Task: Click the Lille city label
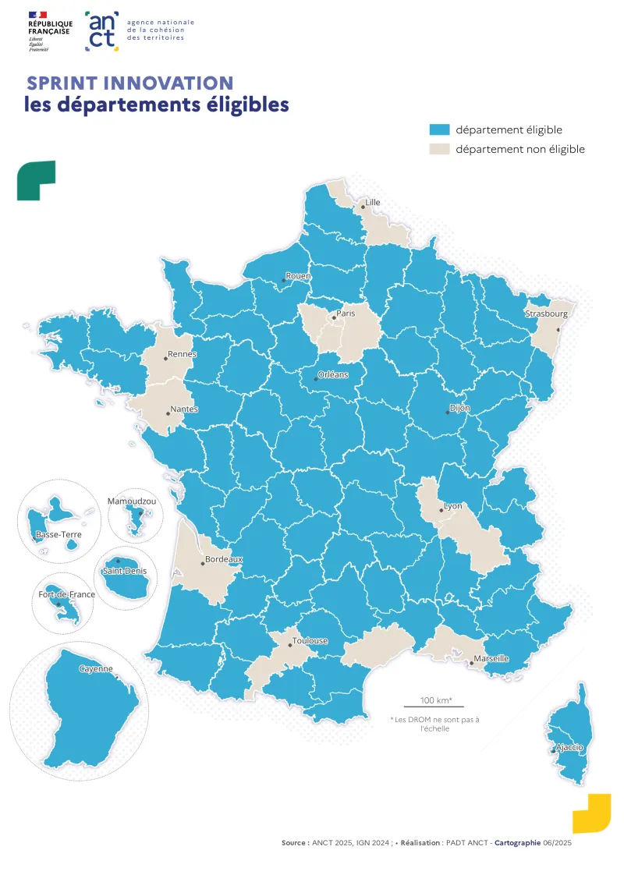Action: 373,202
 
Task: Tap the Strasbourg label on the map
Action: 547,313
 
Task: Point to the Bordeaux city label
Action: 224,559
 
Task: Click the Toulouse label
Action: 310,641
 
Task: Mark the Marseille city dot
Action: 471,663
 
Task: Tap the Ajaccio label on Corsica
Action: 569,747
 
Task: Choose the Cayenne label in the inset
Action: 96,669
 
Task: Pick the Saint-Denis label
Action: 125,572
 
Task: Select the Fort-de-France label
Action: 67,594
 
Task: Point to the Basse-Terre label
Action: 58,535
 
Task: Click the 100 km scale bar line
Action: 428,707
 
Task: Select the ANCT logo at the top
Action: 102,31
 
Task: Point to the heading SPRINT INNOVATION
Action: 130,83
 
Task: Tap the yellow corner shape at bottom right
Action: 592,814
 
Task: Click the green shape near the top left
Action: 36,180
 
